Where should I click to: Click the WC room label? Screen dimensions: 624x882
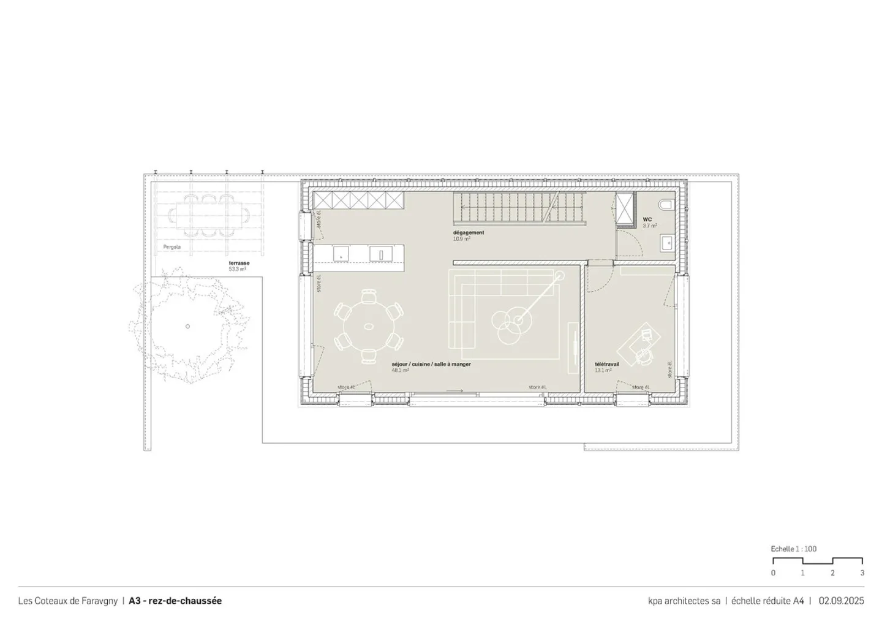coord(647,219)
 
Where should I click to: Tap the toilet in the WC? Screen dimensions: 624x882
coord(665,204)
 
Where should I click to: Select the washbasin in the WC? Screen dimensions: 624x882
coord(666,243)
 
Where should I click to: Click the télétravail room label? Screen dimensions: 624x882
coord(606,363)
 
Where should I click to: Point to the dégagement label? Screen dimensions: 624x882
coord(469,232)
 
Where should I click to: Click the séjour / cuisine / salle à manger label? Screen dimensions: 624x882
coord(431,364)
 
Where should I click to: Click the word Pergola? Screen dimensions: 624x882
coord(171,248)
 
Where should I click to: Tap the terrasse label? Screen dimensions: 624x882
coord(239,263)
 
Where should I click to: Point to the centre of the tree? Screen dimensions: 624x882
coord(187,326)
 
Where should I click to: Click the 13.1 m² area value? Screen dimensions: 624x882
coord(603,370)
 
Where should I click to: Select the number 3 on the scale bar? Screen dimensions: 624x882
coord(862,573)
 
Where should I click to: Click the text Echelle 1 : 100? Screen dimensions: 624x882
coord(793,549)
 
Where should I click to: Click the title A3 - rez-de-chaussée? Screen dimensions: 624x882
coord(175,601)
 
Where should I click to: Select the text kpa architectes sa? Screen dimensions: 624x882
coord(684,601)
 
